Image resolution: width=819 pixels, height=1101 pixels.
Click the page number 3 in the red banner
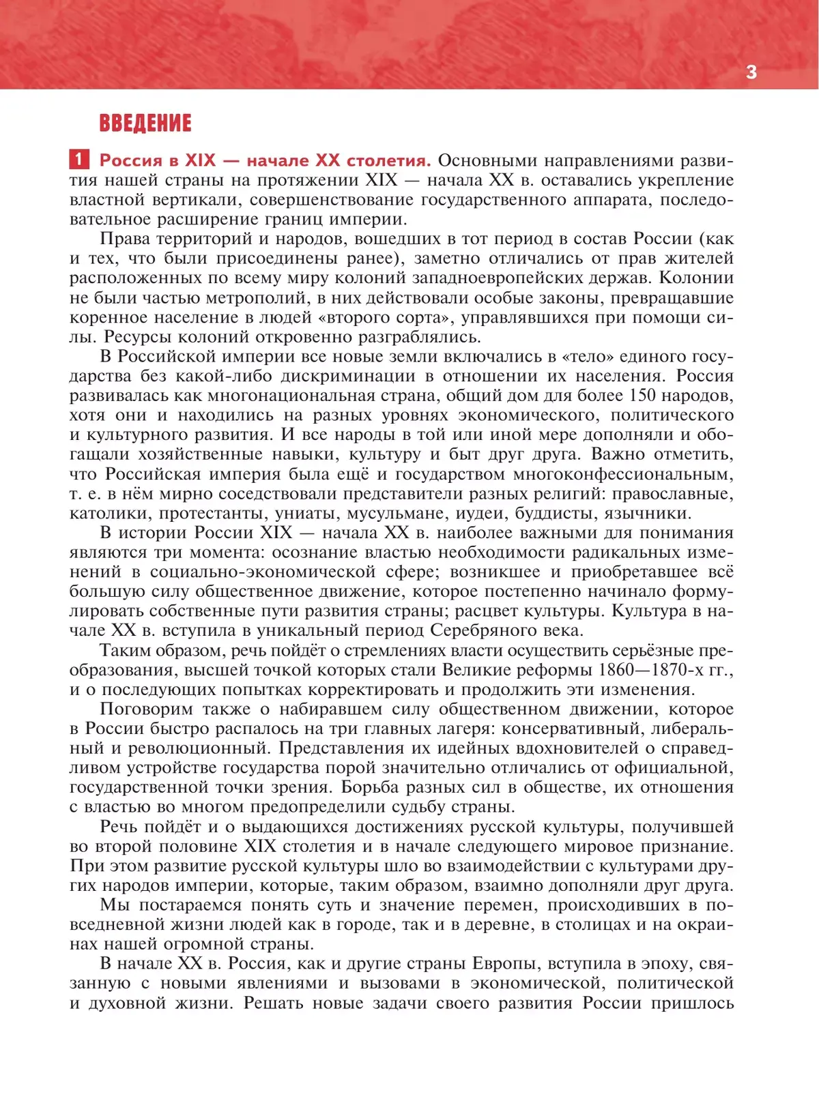[x=751, y=72]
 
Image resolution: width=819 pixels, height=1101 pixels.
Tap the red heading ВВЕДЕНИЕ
[x=145, y=123]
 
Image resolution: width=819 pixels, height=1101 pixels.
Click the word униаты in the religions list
[x=305, y=514]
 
